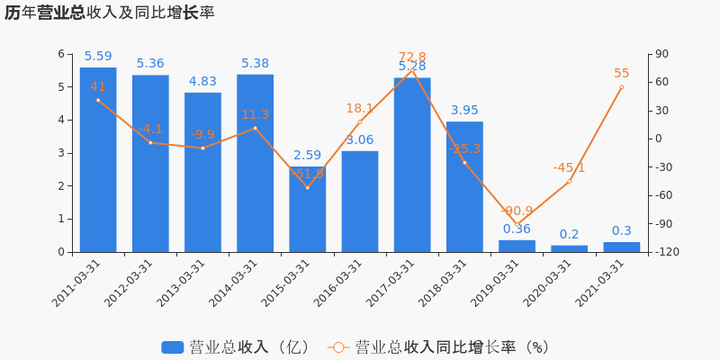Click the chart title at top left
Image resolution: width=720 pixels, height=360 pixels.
point(109,13)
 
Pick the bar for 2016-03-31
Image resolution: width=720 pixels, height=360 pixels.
point(359,202)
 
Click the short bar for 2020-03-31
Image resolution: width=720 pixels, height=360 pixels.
point(569,248)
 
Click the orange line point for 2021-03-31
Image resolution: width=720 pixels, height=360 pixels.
point(621,86)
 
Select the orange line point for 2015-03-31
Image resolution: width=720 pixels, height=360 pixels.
point(307,187)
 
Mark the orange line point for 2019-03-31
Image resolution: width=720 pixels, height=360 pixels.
point(517,224)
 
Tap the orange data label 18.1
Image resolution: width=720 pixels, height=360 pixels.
point(359,109)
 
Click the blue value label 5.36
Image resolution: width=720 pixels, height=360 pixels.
point(150,64)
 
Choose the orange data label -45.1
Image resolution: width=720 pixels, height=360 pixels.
point(569,167)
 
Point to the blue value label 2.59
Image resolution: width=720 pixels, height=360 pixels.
point(307,156)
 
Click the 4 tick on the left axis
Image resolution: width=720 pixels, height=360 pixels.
point(61,120)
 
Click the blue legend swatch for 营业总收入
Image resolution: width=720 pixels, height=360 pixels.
point(172,347)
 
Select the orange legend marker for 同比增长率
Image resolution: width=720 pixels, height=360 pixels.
point(338,347)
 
